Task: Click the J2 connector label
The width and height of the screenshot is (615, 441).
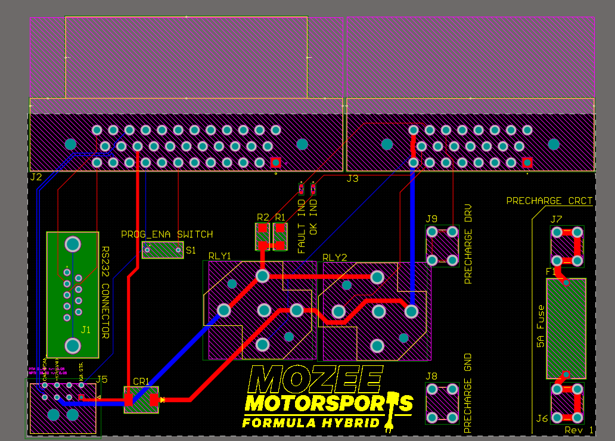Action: click(36, 177)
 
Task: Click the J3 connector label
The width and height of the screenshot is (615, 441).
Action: click(352, 178)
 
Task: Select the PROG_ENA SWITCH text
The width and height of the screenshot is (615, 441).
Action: click(167, 234)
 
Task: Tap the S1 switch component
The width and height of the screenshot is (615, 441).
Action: click(162, 250)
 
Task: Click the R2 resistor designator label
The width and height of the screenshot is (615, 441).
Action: click(263, 218)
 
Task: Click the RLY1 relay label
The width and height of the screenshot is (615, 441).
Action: click(219, 256)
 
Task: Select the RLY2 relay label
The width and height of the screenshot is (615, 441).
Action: click(334, 257)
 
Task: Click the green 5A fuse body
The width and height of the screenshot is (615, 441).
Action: click(566, 328)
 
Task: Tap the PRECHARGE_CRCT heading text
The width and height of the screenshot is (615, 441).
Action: click(549, 201)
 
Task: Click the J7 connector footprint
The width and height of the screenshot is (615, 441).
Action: click(567, 246)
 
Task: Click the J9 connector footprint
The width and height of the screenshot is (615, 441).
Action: click(442, 246)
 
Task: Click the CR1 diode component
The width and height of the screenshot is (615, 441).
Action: click(141, 400)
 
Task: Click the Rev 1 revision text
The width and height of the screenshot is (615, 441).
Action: click(579, 430)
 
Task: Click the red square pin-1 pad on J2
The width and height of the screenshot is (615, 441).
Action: click(275, 162)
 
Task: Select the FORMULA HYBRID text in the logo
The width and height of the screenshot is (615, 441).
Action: click(310, 423)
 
